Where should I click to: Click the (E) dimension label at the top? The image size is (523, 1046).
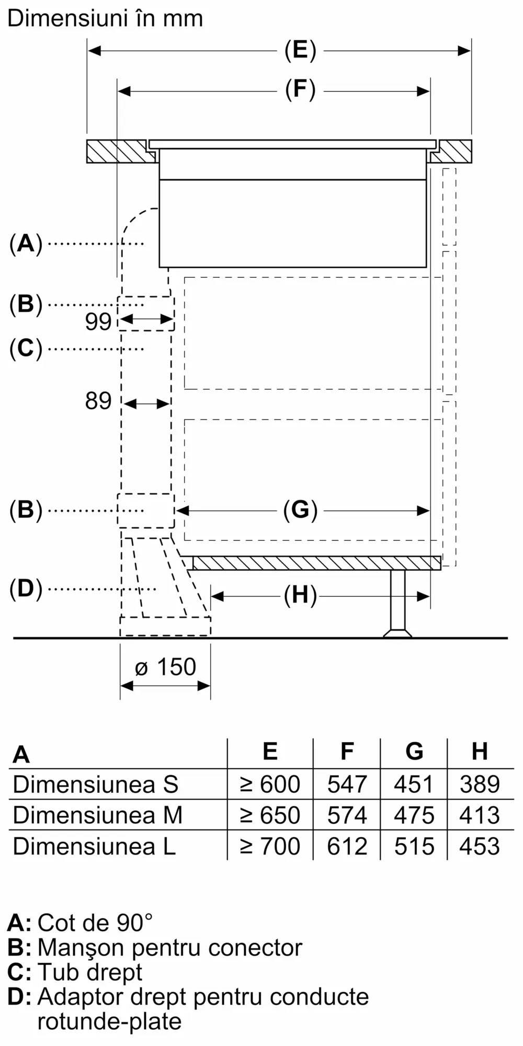(x=300, y=51)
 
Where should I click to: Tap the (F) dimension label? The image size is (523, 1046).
(x=300, y=89)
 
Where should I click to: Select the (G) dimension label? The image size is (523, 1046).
(x=300, y=510)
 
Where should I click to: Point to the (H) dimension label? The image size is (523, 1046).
(x=300, y=595)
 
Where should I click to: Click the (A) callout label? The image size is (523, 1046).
(x=26, y=244)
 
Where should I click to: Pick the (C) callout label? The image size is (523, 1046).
(x=26, y=348)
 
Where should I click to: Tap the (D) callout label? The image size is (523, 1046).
(x=26, y=589)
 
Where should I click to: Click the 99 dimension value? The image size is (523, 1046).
(x=98, y=322)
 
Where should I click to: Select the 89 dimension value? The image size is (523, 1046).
(x=98, y=401)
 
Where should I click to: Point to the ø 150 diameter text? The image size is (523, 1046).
(x=165, y=667)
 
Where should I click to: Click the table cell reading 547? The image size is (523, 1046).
(x=347, y=784)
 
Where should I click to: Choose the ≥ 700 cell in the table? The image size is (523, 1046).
(x=270, y=846)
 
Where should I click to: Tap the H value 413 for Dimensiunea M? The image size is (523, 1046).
(x=480, y=815)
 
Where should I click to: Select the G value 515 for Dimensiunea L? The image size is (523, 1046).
(x=414, y=846)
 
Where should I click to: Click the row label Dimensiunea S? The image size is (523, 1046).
(x=96, y=784)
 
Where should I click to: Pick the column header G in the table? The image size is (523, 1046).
(x=414, y=752)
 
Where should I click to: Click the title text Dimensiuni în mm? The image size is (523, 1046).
(x=105, y=19)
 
